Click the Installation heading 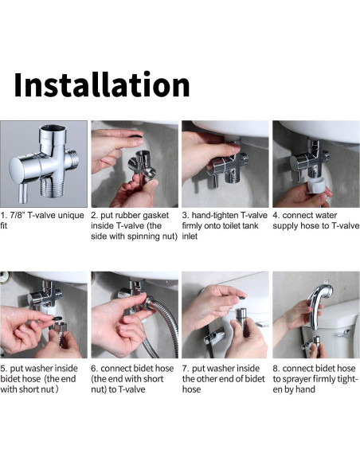[102, 84]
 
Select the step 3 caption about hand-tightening [224, 225]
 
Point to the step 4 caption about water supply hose [315, 221]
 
